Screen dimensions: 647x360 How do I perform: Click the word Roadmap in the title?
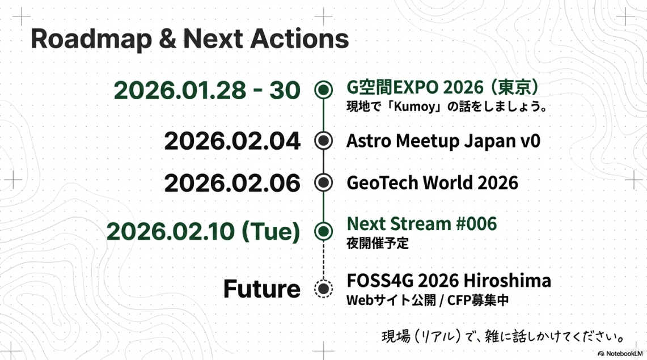pos(91,40)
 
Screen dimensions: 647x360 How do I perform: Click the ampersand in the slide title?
pos(167,39)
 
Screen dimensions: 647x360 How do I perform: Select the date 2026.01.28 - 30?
pos(207,90)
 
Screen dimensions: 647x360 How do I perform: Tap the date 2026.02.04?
pos(232,141)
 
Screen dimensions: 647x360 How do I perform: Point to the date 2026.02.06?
pos(232,183)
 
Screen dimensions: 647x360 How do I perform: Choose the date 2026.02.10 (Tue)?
pos(203,231)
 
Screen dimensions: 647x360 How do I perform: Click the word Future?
pos(261,289)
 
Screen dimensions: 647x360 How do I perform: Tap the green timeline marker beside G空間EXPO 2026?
pos(323,90)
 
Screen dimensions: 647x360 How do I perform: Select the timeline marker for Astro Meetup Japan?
pos(323,141)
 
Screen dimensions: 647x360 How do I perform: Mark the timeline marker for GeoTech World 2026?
pos(323,183)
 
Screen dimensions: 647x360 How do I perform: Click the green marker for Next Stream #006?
pos(323,231)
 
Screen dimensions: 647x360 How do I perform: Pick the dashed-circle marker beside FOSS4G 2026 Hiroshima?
pos(323,289)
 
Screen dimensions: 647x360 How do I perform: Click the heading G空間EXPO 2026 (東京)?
pos(443,87)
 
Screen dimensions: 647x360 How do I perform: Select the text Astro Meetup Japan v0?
pos(443,141)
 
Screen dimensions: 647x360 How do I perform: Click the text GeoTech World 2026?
pos(432,183)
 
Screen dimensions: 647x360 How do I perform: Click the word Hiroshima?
pos(507,281)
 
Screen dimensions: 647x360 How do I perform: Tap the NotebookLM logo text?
pos(624,354)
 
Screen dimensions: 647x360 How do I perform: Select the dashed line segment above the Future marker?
pos(323,260)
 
